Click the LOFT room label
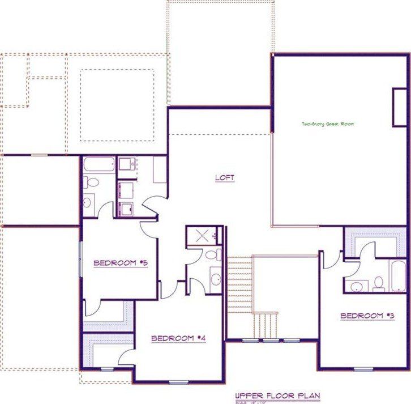tap(225, 178)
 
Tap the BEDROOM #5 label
tap(121, 262)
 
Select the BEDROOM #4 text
tap(178, 338)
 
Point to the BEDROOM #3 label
tap(367, 316)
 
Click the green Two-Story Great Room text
tap(328, 124)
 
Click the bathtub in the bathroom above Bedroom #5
tap(100, 165)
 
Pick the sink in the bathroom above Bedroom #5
tap(88, 201)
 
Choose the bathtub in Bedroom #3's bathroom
tap(398, 275)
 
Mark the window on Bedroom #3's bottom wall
tap(363, 369)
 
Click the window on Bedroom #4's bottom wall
tap(179, 381)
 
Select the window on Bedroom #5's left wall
tap(80, 259)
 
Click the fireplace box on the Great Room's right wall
tap(400, 107)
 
